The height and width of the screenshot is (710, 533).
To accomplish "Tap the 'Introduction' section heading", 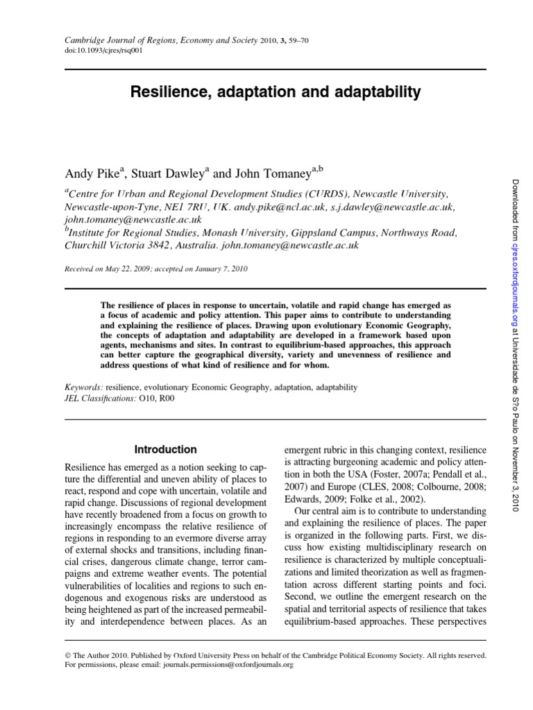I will (165, 449).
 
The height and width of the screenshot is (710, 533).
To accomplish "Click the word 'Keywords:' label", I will (84, 387).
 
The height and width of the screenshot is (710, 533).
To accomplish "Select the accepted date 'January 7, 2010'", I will (223, 269).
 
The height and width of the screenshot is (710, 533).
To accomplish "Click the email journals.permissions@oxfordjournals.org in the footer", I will (229, 664).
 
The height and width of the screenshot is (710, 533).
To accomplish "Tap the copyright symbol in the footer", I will (67, 655).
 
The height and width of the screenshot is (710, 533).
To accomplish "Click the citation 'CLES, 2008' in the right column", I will (387, 487).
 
